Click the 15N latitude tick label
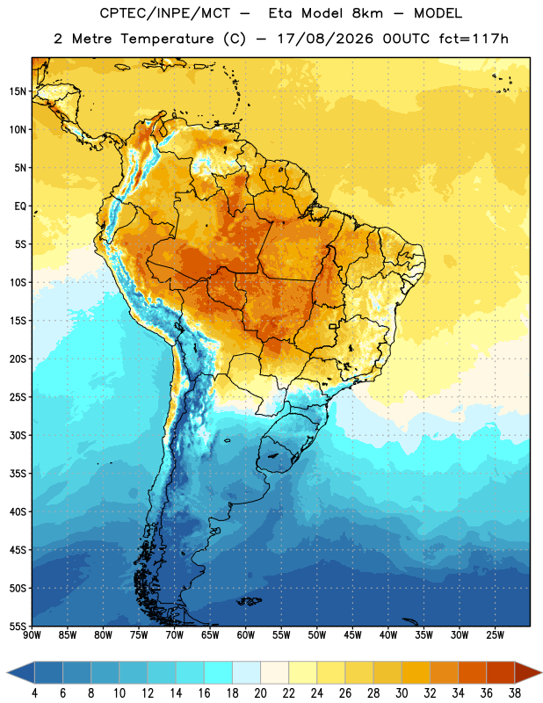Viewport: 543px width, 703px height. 18,91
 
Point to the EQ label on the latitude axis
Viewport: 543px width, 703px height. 20,207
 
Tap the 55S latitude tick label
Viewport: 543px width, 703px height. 18,626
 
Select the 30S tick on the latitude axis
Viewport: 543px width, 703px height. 18,435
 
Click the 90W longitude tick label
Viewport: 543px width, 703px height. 32,634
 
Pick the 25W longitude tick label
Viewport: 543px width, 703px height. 495,634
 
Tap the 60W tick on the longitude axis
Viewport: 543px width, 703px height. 246,634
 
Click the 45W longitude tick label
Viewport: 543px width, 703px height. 352,634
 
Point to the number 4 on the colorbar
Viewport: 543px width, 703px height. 34,693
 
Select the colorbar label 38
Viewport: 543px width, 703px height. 515,693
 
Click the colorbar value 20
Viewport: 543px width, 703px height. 260,693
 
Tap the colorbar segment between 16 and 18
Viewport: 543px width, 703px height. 219,673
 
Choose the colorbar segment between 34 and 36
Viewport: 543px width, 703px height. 473,673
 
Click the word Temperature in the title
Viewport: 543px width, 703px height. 167,39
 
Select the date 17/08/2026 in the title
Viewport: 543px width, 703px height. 325,39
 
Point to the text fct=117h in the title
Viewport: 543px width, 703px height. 474,39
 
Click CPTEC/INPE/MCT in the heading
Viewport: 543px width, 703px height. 164,13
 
